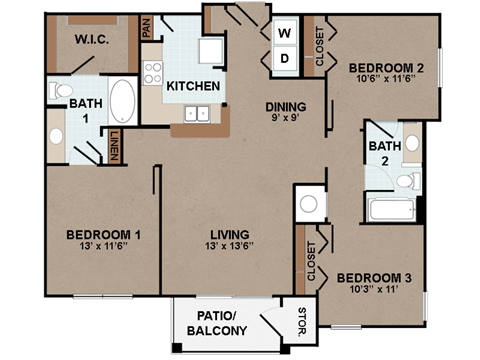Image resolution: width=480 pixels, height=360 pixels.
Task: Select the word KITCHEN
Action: [193, 86]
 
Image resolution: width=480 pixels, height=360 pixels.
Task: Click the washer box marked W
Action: [284, 32]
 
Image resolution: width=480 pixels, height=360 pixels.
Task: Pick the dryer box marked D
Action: [284, 59]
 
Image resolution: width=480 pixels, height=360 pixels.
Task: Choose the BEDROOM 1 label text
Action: [103, 235]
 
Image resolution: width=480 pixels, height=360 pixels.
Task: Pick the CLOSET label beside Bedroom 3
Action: [311, 259]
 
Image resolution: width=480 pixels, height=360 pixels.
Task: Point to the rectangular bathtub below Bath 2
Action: [390, 210]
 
